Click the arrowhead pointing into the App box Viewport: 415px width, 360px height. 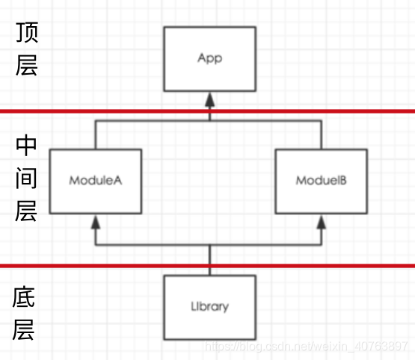210,98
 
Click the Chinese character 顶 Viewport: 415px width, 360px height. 26,33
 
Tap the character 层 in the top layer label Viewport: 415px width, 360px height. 26,64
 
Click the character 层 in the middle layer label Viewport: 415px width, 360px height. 26,211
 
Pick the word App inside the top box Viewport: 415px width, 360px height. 209,58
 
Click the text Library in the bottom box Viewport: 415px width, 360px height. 209,306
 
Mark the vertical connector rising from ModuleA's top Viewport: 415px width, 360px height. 95,135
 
